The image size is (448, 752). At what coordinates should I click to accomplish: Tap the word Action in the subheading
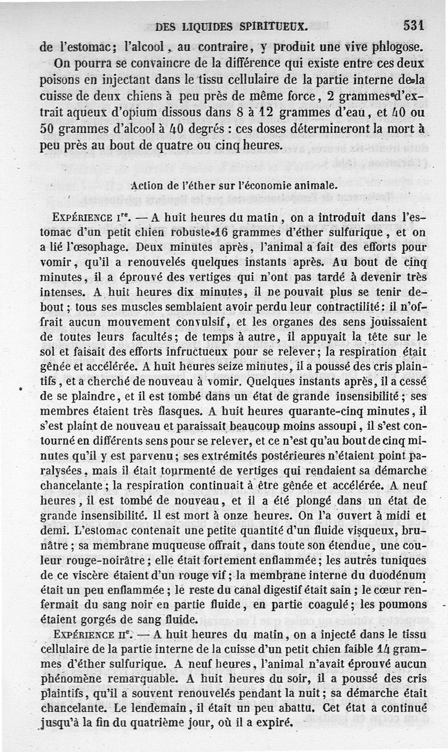pyautogui.click(x=148, y=185)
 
